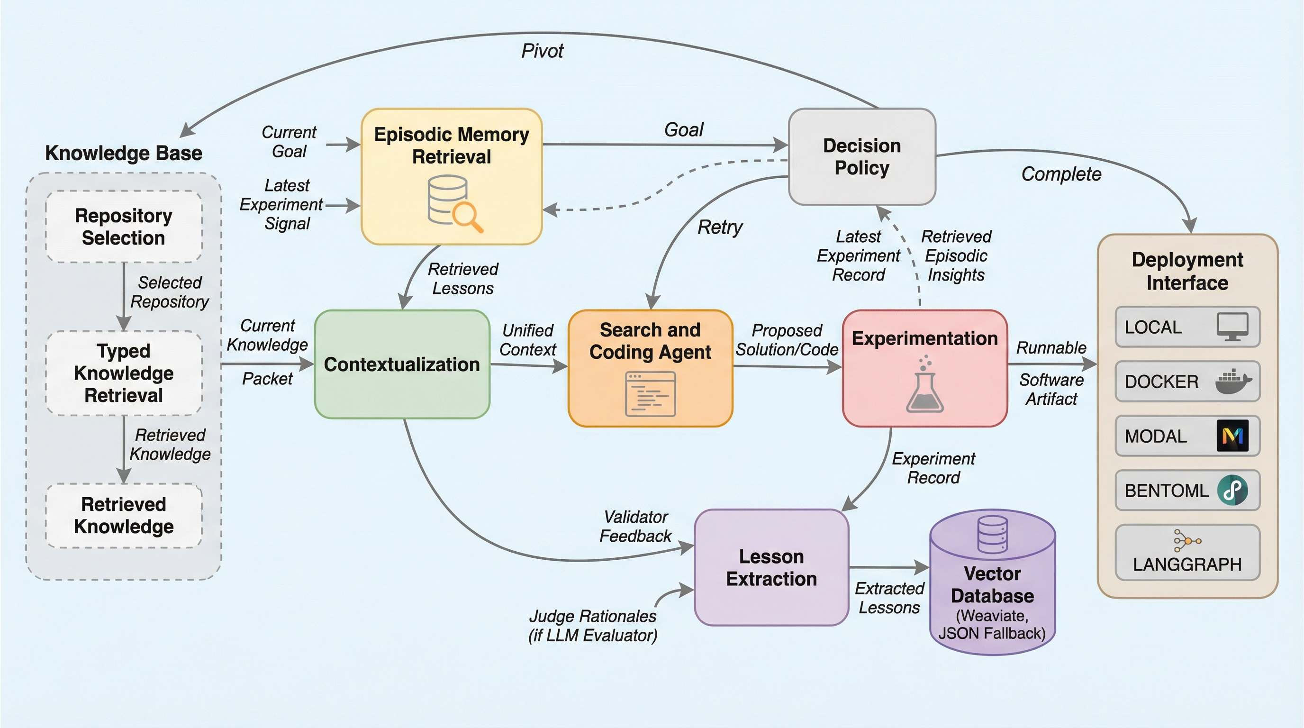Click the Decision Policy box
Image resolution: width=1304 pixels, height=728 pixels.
[861, 156]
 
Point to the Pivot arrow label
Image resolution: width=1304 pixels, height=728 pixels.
[542, 51]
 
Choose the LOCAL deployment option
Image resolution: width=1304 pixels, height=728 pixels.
[1187, 327]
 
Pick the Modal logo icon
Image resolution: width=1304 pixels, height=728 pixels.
[1232, 436]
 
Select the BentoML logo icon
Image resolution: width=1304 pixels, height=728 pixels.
[1232, 490]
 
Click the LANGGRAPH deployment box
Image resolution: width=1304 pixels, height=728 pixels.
[1187, 552]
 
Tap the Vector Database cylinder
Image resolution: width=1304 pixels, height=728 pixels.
[992, 582]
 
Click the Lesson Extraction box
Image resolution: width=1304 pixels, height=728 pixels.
[771, 567]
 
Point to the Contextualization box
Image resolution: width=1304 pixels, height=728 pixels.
[402, 364]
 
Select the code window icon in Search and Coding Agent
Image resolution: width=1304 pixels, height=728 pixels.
[651, 394]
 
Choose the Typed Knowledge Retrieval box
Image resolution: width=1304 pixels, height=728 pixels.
[124, 373]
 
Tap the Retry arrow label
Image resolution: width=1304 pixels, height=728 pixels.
[720, 227]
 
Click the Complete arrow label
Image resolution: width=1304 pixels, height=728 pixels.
[1061, 174]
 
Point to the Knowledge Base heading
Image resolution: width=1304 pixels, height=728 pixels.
[124, 153]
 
